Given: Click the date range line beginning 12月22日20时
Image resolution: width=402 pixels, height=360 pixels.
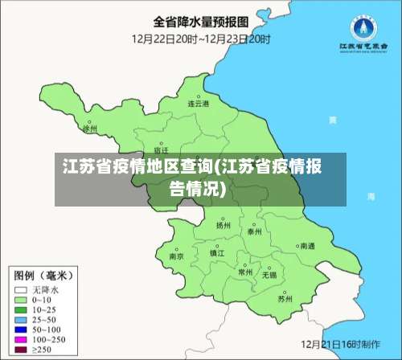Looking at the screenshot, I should point(201,38).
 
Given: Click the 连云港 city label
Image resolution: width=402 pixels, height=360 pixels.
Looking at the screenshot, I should point(199,104).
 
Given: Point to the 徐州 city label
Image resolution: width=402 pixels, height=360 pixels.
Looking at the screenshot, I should point(90,128).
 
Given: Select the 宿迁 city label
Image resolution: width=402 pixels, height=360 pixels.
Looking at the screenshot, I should point(161,149).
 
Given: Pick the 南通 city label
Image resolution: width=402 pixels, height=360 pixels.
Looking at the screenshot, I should point(307,246).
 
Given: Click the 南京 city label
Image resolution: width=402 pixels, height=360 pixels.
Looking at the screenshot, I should point(176,256).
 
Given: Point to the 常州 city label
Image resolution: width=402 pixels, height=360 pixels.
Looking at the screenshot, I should point(245,272).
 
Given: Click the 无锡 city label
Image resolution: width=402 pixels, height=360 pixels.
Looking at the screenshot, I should point(269,275).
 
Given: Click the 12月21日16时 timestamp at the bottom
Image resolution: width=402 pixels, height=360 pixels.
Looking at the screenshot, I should point(338,343).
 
